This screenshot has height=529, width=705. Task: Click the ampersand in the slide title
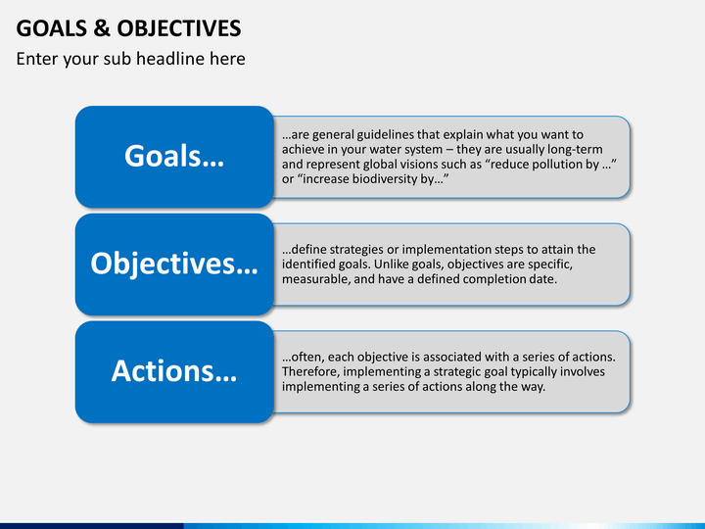(102, 28)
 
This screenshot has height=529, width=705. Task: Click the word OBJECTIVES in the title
(179, 28)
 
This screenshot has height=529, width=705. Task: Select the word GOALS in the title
(52, 28)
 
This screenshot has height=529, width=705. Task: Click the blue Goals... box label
(174, 156)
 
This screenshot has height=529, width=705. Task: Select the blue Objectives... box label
(174, 264)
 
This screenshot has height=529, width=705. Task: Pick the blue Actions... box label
(174, 371)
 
